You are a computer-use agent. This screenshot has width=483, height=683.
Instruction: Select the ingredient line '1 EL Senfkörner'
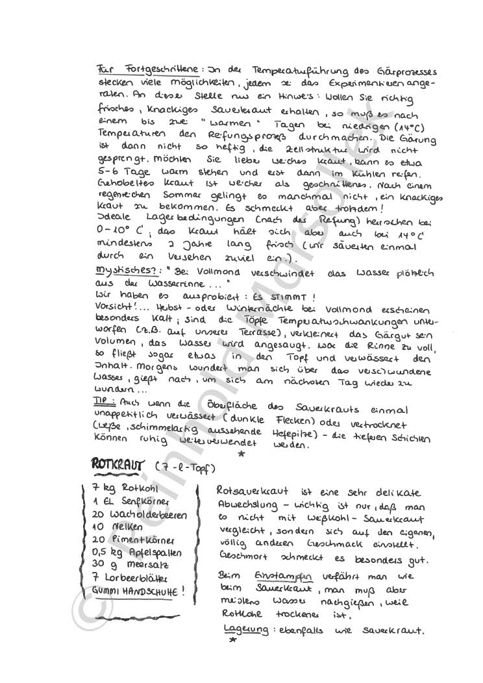(x=122, y=502)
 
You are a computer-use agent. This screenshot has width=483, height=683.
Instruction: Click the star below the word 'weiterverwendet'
(x=241, y=454)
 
